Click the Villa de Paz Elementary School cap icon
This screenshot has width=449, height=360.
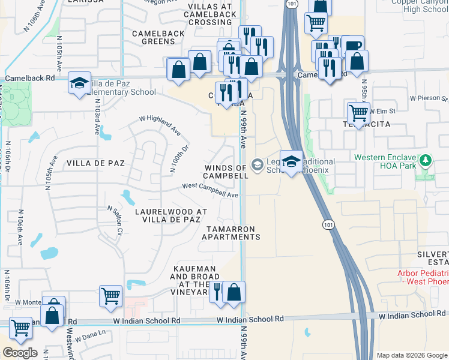79,84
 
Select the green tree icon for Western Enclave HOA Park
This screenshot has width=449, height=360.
426,161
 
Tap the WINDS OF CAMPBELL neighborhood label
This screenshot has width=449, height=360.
225,172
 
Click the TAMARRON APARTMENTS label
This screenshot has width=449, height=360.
231,233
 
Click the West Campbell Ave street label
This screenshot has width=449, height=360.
211,190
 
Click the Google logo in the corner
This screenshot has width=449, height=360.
20,353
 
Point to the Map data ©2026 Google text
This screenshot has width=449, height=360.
412,355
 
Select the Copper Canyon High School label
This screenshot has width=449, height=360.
420,5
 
